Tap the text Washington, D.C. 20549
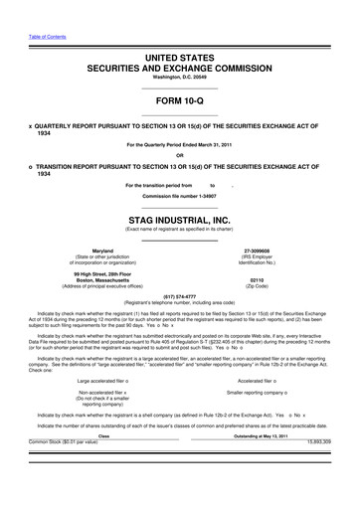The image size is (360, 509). tap(180, 77)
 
